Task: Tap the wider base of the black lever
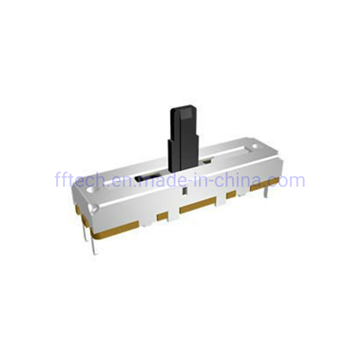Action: tap(182, 155)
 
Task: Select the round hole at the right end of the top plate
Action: tap(256, 147)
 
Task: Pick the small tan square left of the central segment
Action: tap(162, 216)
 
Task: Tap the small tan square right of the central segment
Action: tap(231, 194)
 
